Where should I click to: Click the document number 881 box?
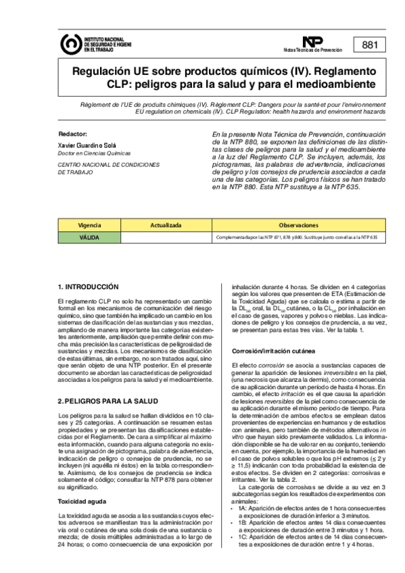370,45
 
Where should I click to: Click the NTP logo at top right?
313,42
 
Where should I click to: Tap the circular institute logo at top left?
70,45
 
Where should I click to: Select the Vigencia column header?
89,224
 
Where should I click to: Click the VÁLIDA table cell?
89,237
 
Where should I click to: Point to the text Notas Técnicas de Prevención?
313,51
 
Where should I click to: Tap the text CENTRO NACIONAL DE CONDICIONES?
108,164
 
